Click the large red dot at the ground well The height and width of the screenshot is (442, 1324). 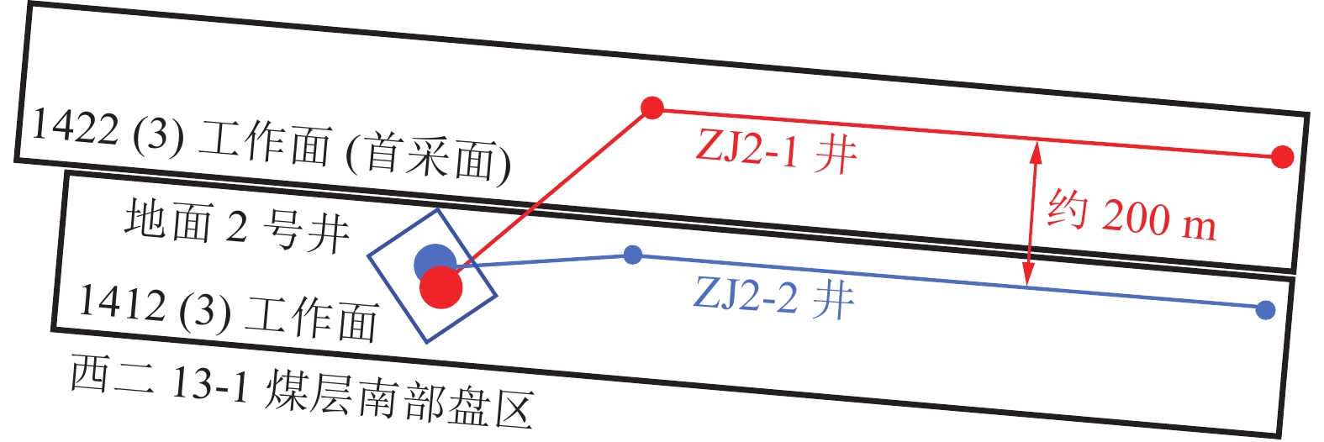(x=441, y=287)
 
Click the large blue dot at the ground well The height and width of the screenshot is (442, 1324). (x=434, y=262)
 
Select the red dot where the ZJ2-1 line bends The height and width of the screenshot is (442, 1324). (x=652, y=108)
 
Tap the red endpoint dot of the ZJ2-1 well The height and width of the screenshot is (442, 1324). (x=1282, y=157)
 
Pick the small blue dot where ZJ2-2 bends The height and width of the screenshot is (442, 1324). (x=634, y=255)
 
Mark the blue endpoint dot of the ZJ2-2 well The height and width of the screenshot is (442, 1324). (x=1265, y=310)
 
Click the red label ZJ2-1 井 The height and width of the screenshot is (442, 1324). (x=776, y=152)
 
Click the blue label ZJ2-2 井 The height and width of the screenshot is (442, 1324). (x=773, y=297)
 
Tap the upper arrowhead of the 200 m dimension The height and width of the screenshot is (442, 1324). (x=1036, y=151)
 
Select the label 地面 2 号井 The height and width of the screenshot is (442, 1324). (x=237, y=226)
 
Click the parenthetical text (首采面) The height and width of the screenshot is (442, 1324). (x=428, y=156)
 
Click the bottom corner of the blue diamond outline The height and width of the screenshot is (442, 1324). (x=428, y=342)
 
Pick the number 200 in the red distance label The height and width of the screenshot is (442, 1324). (x=1136, y=218)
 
